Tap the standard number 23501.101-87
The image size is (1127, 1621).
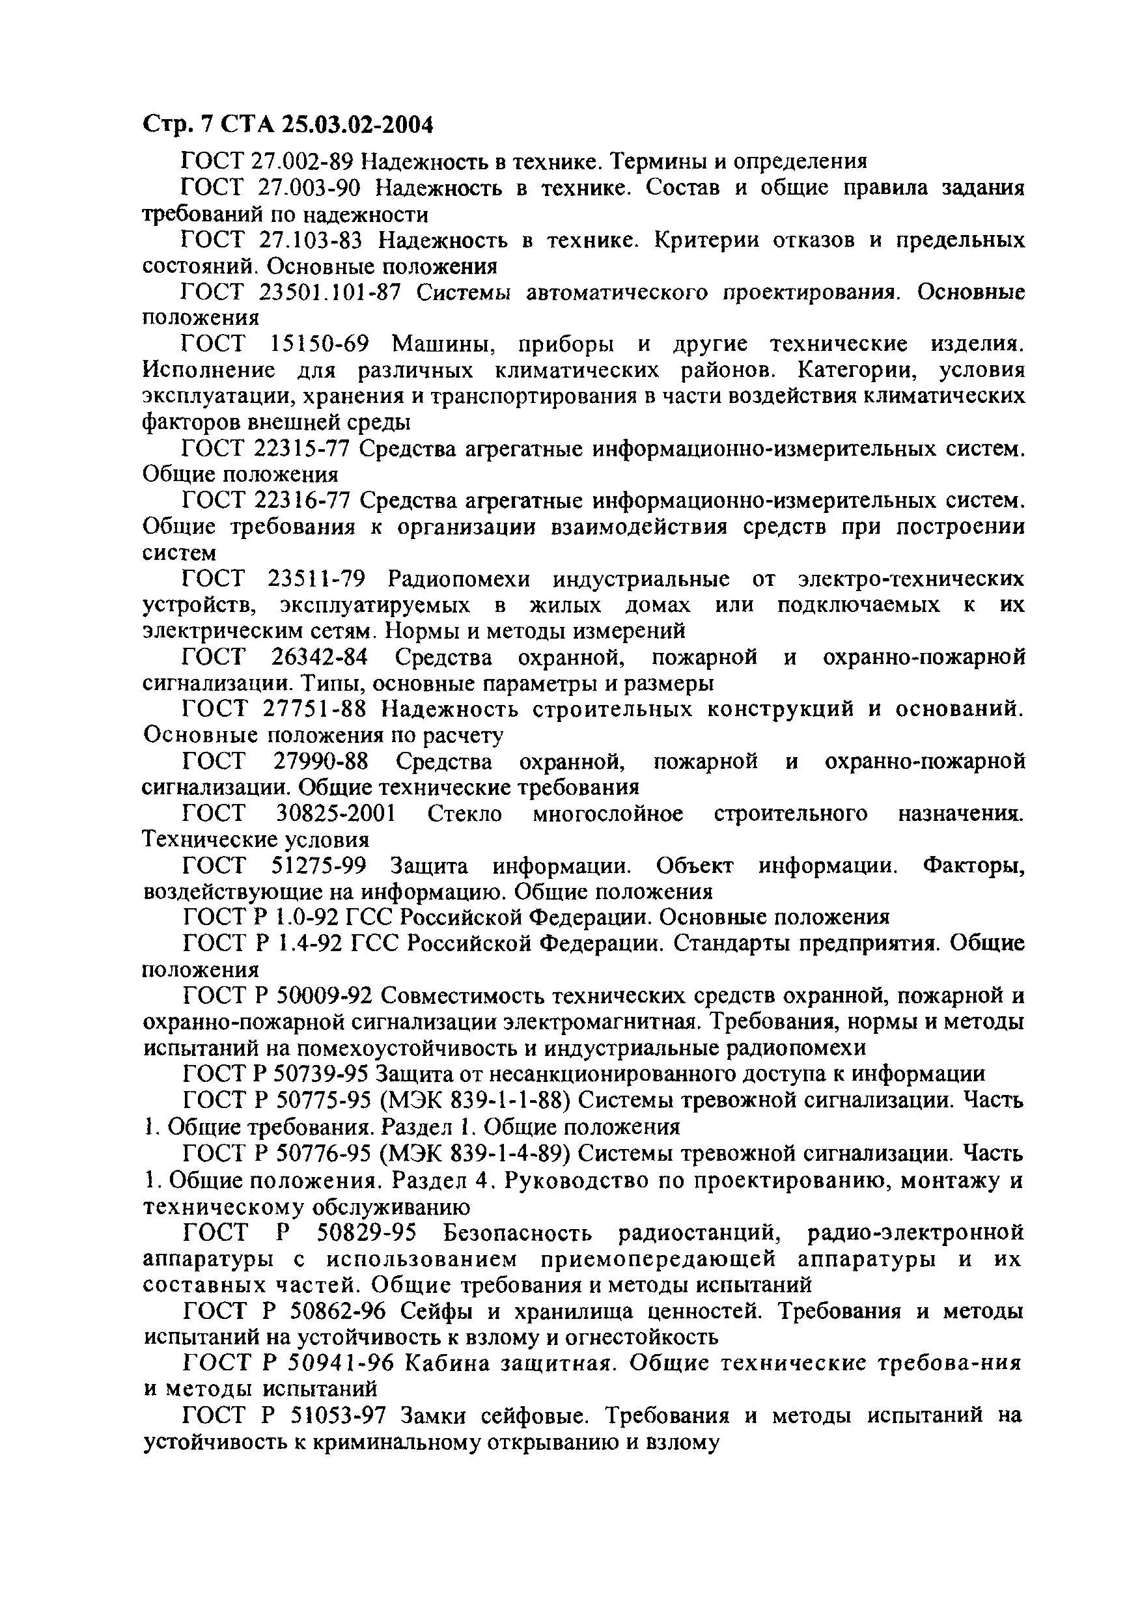tap(334, 292)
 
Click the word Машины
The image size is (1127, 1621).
tap(441, 344)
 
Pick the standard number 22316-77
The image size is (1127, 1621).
tap(301, 501)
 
